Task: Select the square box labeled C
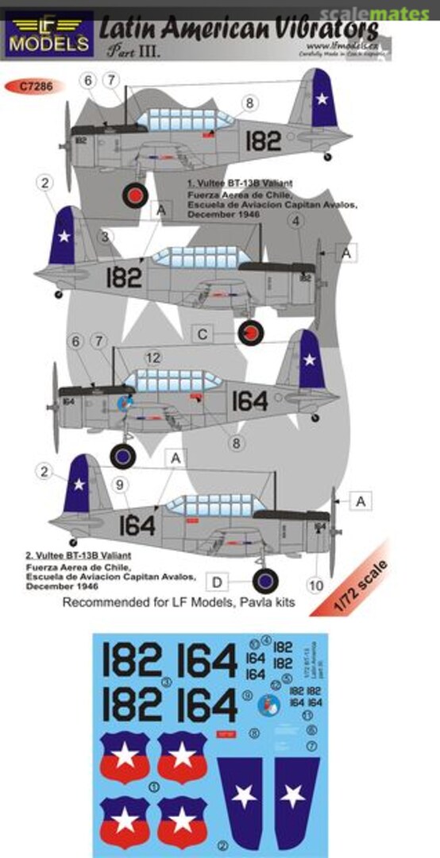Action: (203, 334)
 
